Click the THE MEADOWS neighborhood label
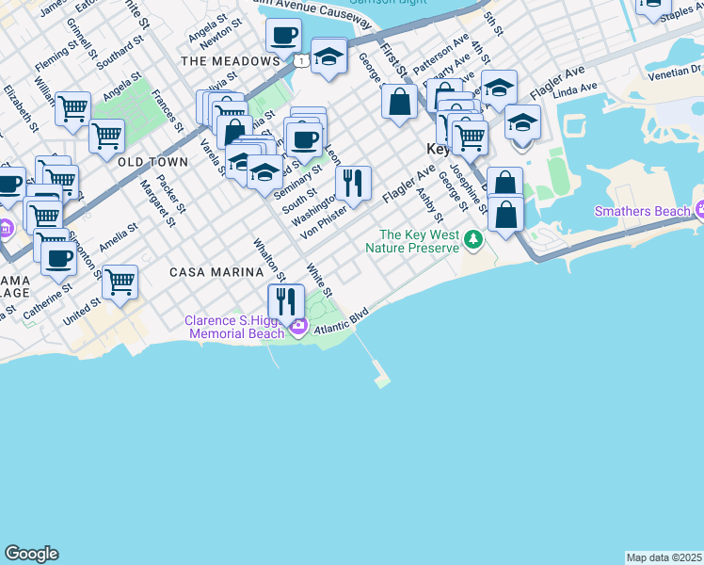click(x=230, y=61)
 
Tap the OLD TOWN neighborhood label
click(x=153, y=163)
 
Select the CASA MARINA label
click(x=216, y=272)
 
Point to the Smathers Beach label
click(x=642, y=211)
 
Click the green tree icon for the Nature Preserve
click(x=473, y=242)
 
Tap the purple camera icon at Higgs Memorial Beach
click(x=299, y=327)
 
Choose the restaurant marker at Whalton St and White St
click(x=286, y=301)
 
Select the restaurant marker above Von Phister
click(x=353, y=183)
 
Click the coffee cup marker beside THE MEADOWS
click(x=283, y=38)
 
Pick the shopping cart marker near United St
click(x=120, y=282)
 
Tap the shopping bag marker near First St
click(x=400, y=102)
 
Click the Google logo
click(x=31, y=554)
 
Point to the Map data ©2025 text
click(x=664, y=557)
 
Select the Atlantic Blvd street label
click(x=344, y=320)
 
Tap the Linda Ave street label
click(x=575, y=89)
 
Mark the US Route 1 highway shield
click(x=298, y=61)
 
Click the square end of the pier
click(x=381, y=382)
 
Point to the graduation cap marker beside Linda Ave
click(x=522, y=123)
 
